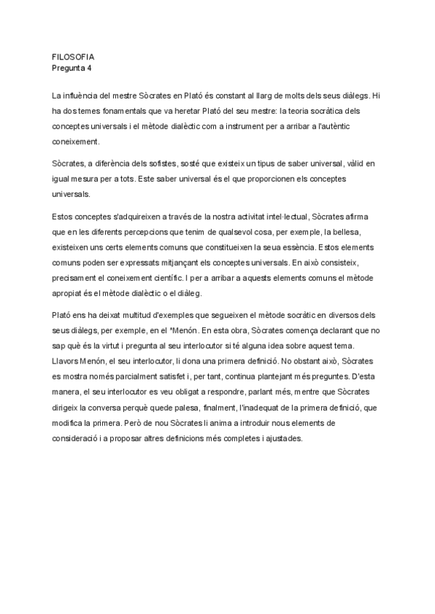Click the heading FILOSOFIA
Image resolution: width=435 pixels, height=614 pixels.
(x=73, y=56)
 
